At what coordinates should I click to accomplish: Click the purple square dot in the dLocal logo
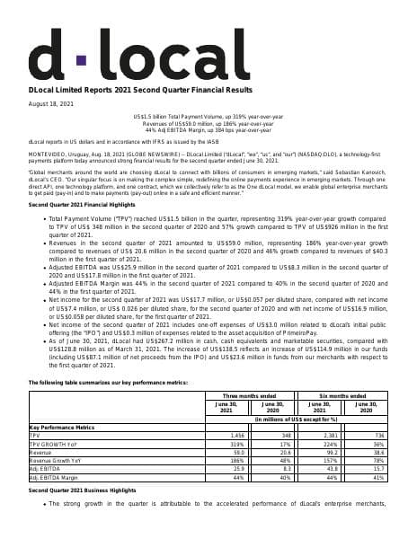tap(81, 60)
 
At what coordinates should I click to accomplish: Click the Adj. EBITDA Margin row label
tap(55, 477)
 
